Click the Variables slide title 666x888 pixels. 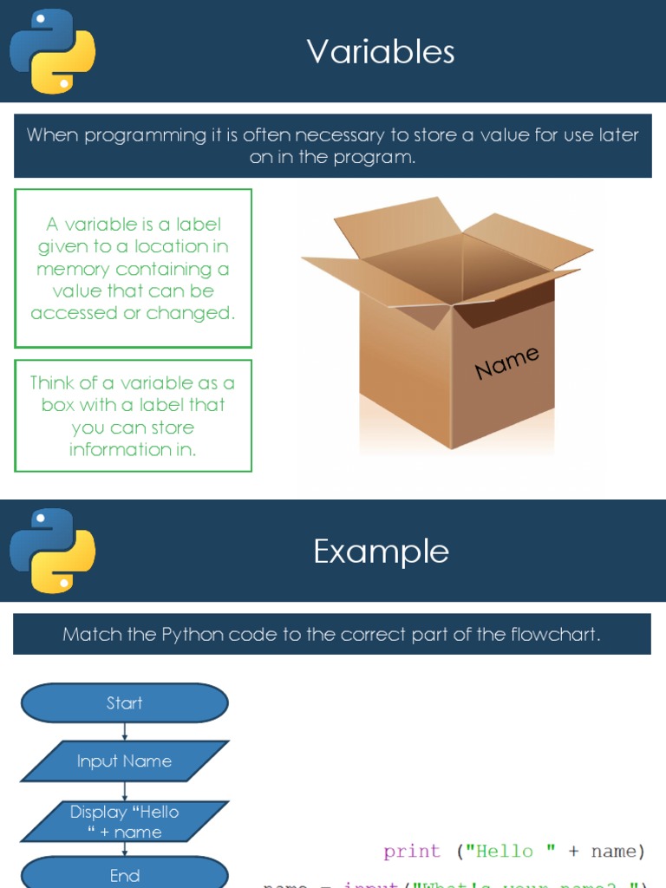pyautogui.click(x=381, y=52)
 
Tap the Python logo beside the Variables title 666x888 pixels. pyautogui.click(x=52, y=51)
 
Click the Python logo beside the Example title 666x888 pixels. pyautogui.click(x=52, y=551)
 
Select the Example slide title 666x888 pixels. pyautogui.click(x=381, y=552)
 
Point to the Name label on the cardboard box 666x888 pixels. pyautogui.click(x=507, y=362)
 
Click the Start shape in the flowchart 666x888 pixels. pyautogui.click(x=124, y=703)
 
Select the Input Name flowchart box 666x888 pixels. pyautogui.click(x=124, y=761)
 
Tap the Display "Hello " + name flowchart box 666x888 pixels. pyautogui.click(x=124, y=821)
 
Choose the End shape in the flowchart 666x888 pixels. pyautogui.click(x=124, y=875)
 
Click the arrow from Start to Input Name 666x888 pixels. pyautogui.click(x=125, y=731)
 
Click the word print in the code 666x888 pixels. pyautogui.click(x=412, y=852)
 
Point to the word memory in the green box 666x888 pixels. pyautogui.click(x=73, y=269)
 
